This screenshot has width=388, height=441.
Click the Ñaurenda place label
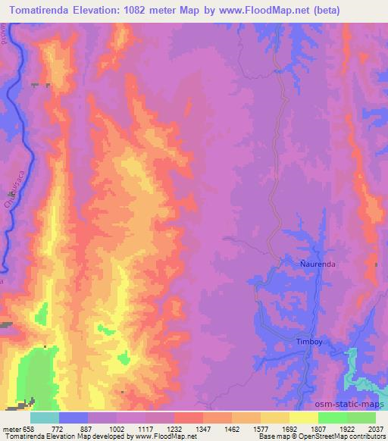coord(312,264)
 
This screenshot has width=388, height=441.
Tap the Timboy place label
coord(308,341)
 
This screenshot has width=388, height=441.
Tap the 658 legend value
coord(28,428)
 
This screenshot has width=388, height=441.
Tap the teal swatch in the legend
coord(45,418)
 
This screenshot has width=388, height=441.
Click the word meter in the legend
coord(11,428)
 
